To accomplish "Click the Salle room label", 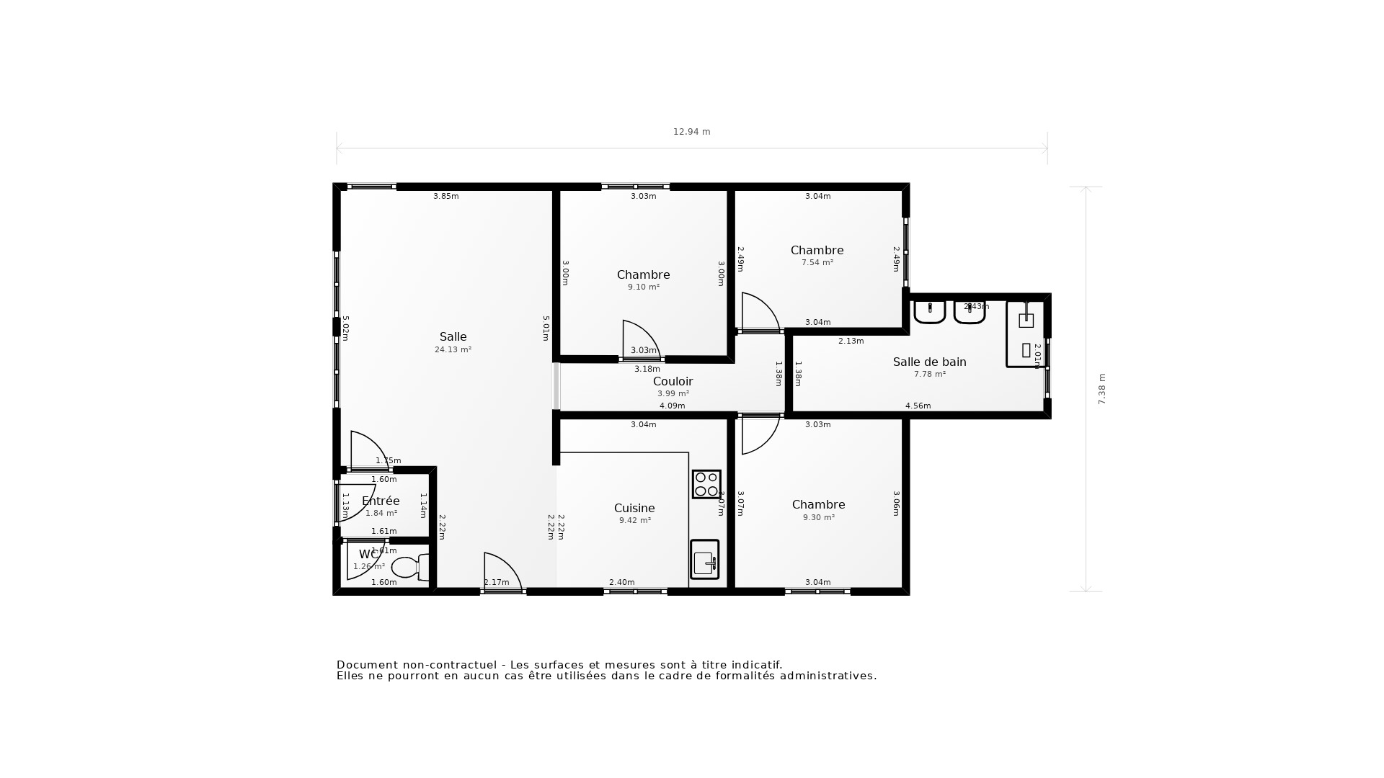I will coord(453,336).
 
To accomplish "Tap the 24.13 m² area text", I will coord(453,350).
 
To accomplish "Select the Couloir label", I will coord(673,381).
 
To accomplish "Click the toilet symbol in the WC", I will coord(408,567).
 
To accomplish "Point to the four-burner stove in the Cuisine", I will coord(706,484).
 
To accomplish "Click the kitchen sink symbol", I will coord(704,560).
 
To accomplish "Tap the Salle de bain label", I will coord(929,362).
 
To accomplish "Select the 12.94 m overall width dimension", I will coord(691,132).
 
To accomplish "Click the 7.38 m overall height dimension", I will coord(1101,389).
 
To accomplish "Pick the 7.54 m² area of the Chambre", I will coord(817,263).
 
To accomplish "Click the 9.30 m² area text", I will coord(818,517).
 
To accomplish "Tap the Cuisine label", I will coord(634,508).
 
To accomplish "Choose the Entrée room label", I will coord(381,501).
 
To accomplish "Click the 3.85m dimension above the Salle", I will coord(445,196).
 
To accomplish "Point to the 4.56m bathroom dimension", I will coord(918,406).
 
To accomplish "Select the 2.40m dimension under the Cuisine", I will coord(621,582).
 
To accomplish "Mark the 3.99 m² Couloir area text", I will coord(673,394).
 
